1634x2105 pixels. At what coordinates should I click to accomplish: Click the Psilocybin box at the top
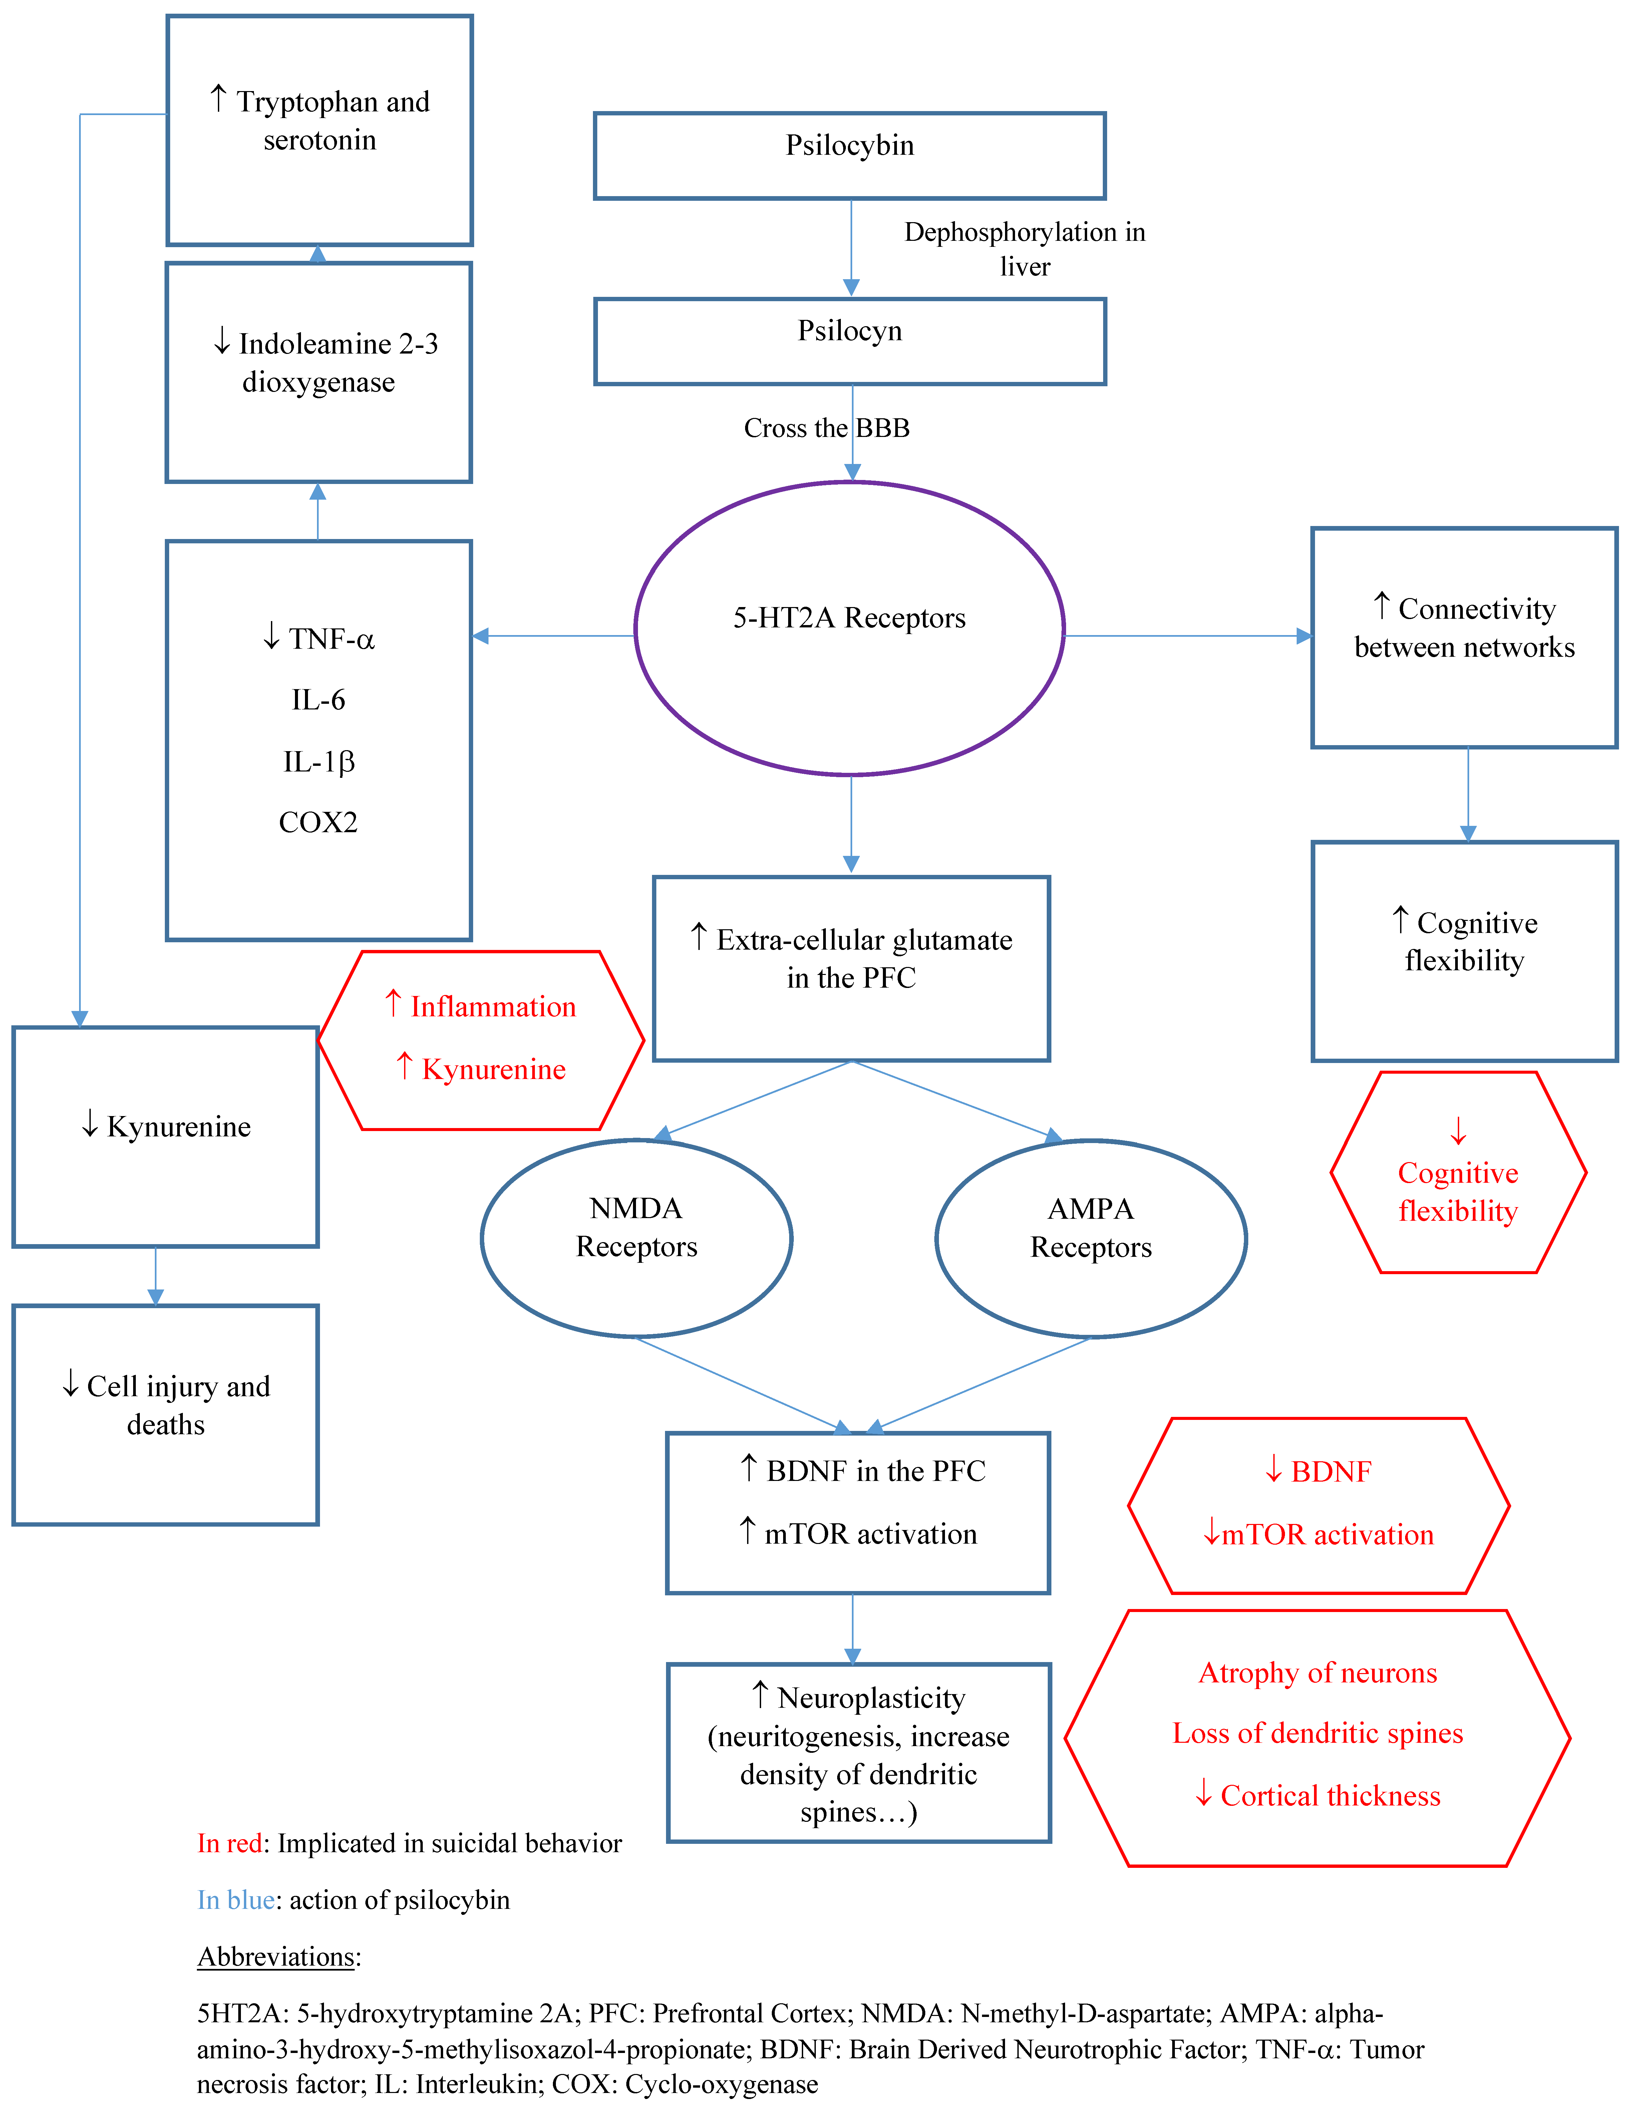click(849, 155)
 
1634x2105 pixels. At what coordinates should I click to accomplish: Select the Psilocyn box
click(849, 341)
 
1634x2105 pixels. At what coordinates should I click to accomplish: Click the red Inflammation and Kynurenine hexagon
click(481, 1040)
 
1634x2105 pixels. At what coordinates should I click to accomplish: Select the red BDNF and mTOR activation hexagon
click(1318, 1506)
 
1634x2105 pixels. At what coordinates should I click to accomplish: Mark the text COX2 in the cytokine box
click(318, 822)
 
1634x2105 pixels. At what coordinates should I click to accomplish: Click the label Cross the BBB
click(826, 428)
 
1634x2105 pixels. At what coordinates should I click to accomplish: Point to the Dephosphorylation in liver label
click(1025, 249)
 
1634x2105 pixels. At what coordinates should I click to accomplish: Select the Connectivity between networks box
click(1463, 637)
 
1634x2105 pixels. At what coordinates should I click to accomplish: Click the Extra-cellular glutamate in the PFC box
click(851, 969)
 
